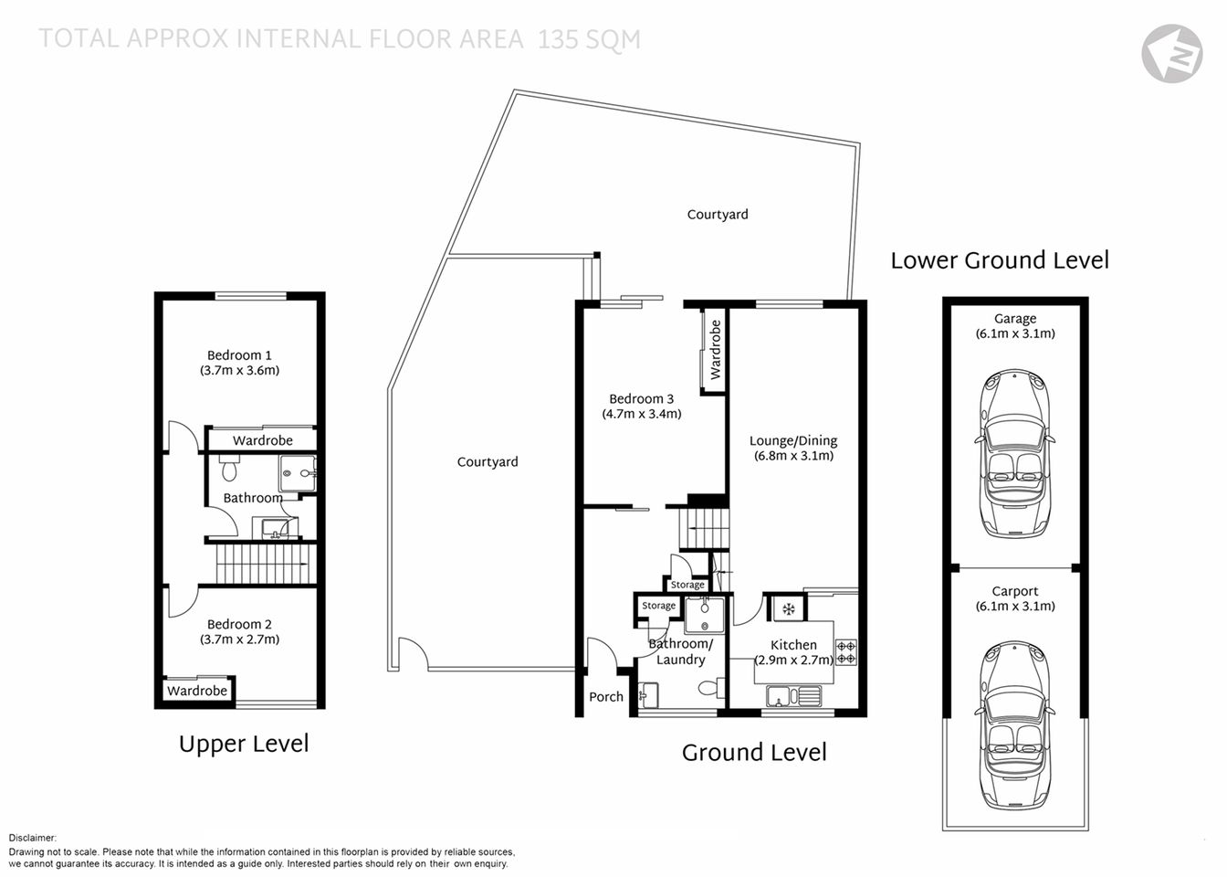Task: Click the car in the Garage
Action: tap(1014, 453)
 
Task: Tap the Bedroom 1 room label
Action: tap(239, 355)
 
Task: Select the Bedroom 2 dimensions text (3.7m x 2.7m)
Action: tap(239, 639)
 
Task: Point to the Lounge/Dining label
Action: tap(792, 440)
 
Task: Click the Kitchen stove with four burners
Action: tap(846, 650)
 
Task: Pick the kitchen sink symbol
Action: tap(793, 697)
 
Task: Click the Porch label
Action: tap(606, 696)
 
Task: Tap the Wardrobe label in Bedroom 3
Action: tap(715, 350)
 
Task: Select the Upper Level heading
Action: tap(244, 744)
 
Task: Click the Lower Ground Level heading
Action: tap(1000, 260)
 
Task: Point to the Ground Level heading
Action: tap(754, 752)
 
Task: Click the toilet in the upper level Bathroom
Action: tap(228, 469)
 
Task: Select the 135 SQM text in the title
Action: tap(589, 39)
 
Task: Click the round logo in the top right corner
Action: tap(1171, 52)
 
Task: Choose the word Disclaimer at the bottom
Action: tap(33, 837)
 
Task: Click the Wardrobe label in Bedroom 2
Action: tap(196, 691)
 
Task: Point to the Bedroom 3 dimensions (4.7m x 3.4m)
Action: tap(641, 414)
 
